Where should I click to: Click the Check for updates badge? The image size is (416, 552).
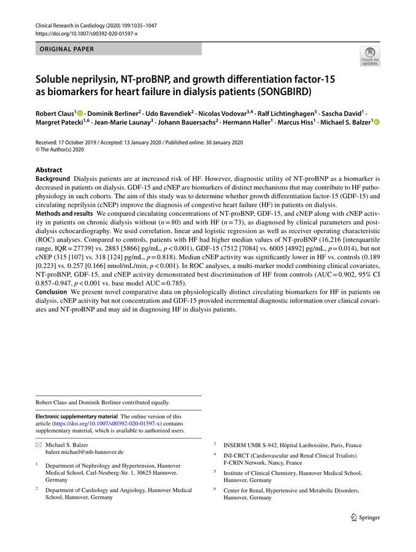(370, 56)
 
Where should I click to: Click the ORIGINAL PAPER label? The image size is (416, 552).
(67, 49)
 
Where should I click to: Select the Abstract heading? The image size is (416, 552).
(48, 170)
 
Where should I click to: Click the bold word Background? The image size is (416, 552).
(53, 178)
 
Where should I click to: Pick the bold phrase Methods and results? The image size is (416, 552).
(63, 213)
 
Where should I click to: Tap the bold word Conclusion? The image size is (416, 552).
(53, 293)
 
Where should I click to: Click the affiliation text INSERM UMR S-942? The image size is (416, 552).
(250, 445)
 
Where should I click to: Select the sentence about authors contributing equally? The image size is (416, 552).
(102, 402)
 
